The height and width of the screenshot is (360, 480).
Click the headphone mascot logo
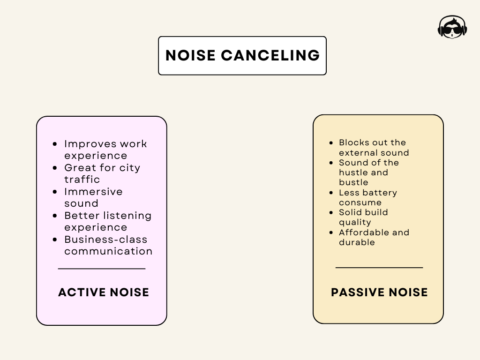click(x=452, y=27)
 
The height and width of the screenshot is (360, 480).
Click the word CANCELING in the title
click(x=270, y=55)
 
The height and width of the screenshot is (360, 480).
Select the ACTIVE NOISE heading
click(x=104, y=292)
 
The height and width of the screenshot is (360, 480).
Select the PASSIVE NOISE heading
click(x=379, y=292)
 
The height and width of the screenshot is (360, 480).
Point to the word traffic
click(x=82, y=180)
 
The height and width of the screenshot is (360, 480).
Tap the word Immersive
click(x=93, y=192)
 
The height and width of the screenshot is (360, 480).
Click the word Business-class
click(x=106, y=240)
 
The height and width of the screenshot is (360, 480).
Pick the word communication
click(x=108, y=251)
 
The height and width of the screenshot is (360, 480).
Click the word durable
click(x=357, y=242)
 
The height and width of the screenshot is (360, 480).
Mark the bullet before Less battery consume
click(x=332, y=193)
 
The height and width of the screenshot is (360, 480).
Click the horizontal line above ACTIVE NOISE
click(x=102, y=269)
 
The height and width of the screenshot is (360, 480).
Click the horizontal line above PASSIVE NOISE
click(x=379, y=268)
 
